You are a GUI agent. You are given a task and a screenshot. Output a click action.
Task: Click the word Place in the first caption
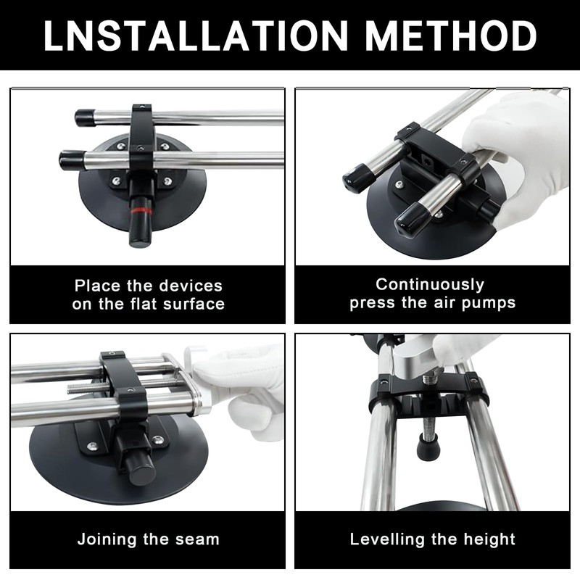[99, 286]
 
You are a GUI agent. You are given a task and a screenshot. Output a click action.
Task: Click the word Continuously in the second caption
[430, 284]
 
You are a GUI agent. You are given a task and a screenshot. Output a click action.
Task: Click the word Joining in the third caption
[109, 539]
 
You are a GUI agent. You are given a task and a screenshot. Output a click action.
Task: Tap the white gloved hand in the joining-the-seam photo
[243, 384]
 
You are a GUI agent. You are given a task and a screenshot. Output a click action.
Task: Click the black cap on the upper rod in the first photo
[86, 117]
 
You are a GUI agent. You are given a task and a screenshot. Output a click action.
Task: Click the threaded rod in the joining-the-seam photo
[94, 386]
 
